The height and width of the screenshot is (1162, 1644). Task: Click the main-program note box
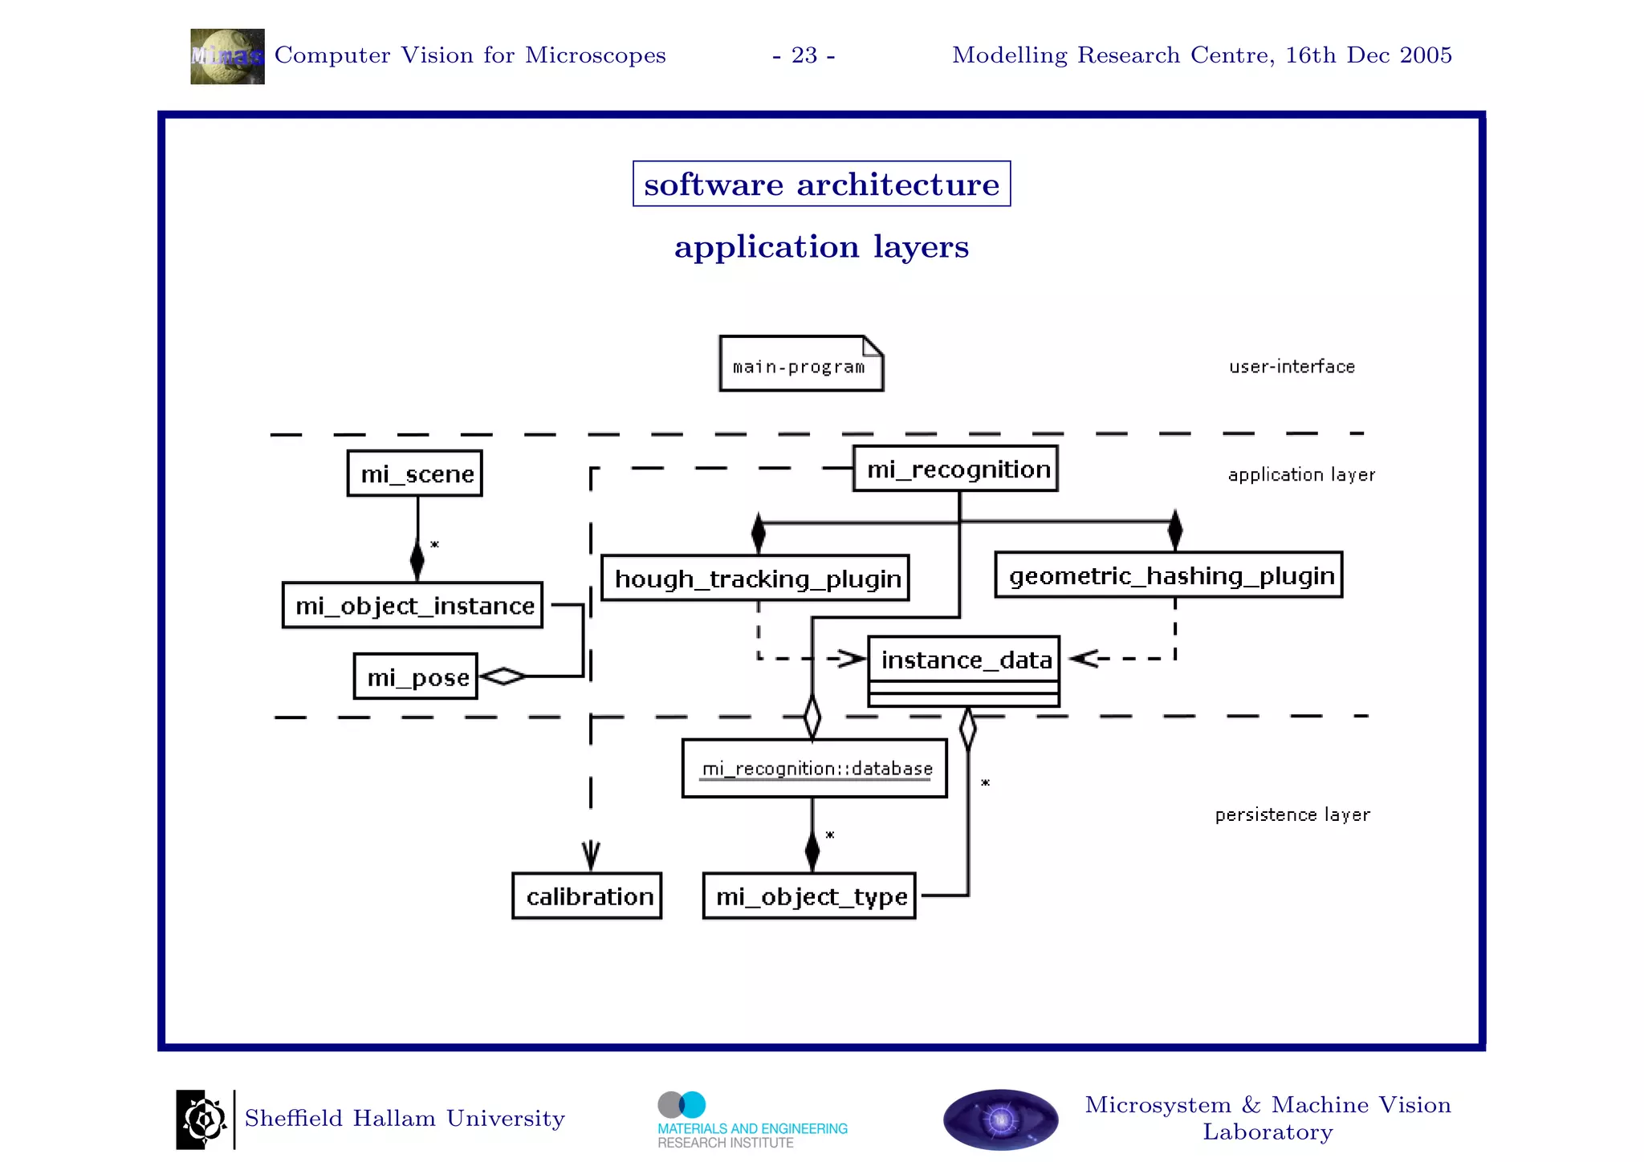coord(800,364)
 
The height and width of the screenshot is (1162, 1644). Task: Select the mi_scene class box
coord(414,473)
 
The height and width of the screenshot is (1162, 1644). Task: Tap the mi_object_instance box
coord(413,605)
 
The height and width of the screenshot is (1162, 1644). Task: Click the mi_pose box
coord(416,676)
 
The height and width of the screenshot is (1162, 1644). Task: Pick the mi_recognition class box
coord(955,469)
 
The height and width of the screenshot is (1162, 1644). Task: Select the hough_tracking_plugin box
coord(755,578)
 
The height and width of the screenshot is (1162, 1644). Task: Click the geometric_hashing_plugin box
coord(1169,575)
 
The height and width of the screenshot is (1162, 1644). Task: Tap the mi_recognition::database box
coord(815,768)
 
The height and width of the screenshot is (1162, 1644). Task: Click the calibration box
coord(588,896)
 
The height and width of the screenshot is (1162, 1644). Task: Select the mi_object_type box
coord(809,896)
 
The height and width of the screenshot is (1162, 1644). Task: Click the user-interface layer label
coord(1292,367)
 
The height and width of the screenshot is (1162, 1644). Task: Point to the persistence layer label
coord(1292,815)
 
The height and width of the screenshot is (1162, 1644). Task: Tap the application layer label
coord(1301,474)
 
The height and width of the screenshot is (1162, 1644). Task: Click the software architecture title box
coord(821,184)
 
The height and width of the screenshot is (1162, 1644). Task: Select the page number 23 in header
coord(804,55)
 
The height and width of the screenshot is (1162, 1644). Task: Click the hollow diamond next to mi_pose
coord(503,676)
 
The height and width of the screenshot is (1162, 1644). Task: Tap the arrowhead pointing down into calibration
coord(591,855)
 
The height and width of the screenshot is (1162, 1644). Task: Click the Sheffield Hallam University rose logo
coord(201,1119)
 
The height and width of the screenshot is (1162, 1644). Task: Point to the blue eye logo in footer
coord(1000,1119)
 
